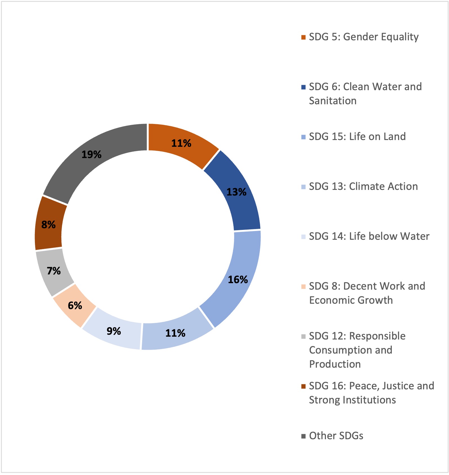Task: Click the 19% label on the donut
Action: pyautogui.click(x=91, y=154)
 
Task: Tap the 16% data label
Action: pyautogui.click(x=238, y=279)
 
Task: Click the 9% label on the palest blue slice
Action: pyautogui.click(x=114, y=331)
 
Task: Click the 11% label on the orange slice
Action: pyautogui.click(x=181, y=143)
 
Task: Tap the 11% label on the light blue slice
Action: pyautogui.click(x=175, y=333)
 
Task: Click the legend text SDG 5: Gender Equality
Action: pyautogui.click(x=364, y=37)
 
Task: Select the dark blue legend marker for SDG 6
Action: pyautogui.click(x=303, y=87)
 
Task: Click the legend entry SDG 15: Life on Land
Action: pyautogui.click(x=357, y=137)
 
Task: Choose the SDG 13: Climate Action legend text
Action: pyautogui.click(x=363, y=187)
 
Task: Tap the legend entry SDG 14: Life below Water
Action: pyautogui.click(x=369, y=236)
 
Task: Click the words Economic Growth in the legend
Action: pyautogui.click(x=351, y=300)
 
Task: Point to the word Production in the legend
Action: pyautogui.click(x=335, y=364)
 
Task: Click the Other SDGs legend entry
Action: pyautogui.click(x=336, y=436)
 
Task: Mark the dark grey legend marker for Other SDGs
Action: pyautogui.click(x=303, y=436)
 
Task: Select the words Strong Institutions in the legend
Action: pyautogui.click(x=352, y=400)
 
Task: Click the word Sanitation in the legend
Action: pyautogui.click(x=333, y=101)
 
